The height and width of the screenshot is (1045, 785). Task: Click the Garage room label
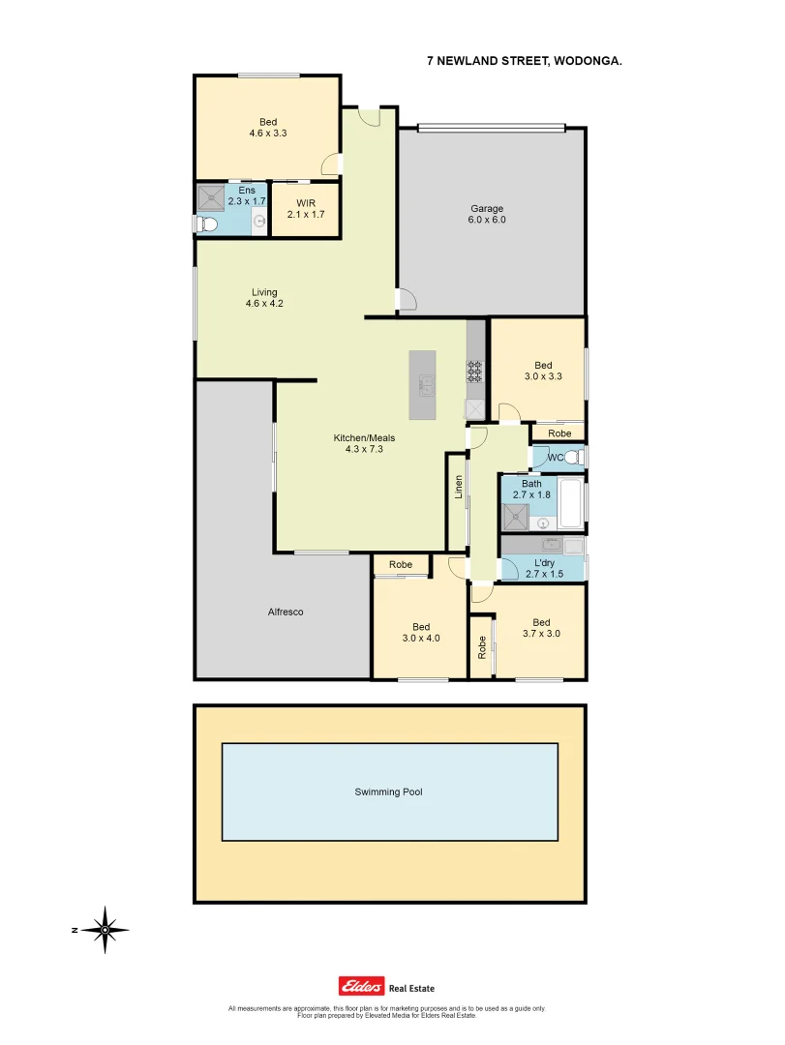click(488, 214)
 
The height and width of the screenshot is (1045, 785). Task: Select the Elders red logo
click(361, 986)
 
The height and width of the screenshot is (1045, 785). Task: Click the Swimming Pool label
click(388, 791)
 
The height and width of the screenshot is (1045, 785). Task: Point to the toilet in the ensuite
click(205, 224)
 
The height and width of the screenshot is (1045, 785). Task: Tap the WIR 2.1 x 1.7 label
click(306, 208)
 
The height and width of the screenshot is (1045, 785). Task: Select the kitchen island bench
click(423, 384)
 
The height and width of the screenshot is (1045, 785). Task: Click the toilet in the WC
click(572, 457)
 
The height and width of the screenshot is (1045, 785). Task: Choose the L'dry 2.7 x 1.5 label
click(543, 568)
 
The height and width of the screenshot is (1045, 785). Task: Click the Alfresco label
click(286, 612)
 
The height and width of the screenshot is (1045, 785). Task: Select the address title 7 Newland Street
click(525, 60)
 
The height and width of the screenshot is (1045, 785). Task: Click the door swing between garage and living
click(406, 299)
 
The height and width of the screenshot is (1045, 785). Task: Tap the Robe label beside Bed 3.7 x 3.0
click(481, 647)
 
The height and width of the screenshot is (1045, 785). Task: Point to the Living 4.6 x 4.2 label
click(264, 298)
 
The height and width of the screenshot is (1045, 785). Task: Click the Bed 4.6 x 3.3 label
click(268, 128)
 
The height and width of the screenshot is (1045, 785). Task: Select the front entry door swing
click(368, 116)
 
